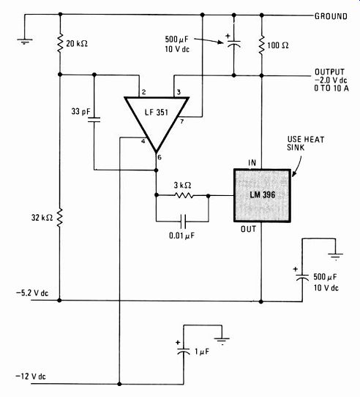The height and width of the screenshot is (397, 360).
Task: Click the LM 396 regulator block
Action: tap(262, 195)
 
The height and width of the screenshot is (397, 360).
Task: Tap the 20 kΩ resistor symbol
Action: tap(60, 44)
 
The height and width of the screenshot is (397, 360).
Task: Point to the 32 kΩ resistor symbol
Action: tap(59, 217)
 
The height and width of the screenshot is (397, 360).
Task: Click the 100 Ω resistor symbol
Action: tap(262, 45)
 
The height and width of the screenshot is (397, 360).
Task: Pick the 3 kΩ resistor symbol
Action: tap(184, 195)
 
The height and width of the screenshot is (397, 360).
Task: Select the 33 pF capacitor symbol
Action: tap(94, 120)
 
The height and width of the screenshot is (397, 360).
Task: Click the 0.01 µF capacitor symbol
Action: tap(183, 222)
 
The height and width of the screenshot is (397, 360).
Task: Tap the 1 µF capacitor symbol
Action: tap(183, 352)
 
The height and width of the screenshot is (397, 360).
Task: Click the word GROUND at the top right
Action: tap(331, 16)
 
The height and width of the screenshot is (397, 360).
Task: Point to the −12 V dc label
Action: tap(31, 377)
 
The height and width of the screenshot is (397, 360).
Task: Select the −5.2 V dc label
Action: tap(32, 293)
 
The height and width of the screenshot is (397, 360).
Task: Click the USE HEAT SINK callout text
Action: tap(306, 143)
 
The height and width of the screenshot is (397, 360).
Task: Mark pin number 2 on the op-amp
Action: tap(144, 92)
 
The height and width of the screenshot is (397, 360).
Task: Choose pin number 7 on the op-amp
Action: tap(182, 121)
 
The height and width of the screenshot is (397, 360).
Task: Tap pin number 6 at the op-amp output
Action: tap(160, 157)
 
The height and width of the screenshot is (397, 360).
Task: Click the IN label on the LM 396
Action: tap(252, 162)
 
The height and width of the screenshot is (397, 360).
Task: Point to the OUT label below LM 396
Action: tap(248, 229)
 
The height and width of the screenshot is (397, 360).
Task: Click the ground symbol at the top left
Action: tap(25, 41)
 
